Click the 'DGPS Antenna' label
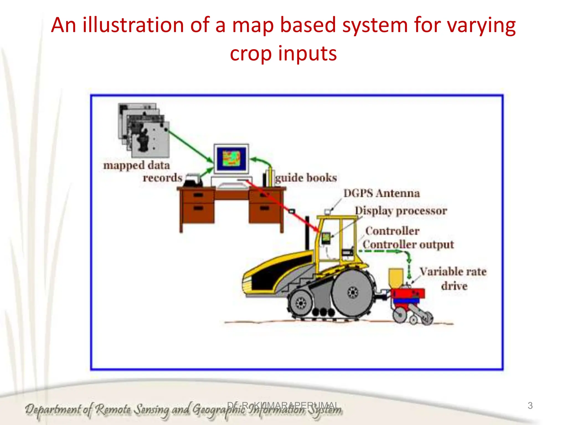382,193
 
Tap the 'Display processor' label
401,211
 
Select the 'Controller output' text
408,245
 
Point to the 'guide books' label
306,178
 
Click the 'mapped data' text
136,165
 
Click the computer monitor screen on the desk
231,159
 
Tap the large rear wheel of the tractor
352,292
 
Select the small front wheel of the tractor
300,303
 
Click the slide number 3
530,406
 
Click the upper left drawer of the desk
198,195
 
